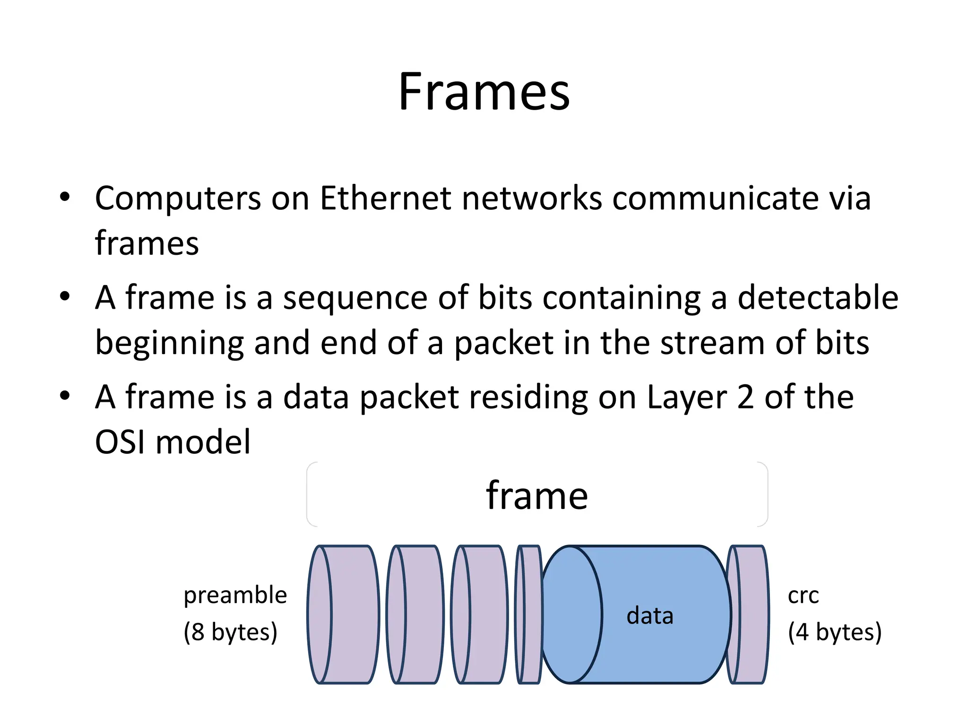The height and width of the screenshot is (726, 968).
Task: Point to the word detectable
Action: click(x=818, y=298)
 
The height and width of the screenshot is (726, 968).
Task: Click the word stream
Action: click(x=712, y=343)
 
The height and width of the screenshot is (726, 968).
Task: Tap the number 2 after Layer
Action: click(x=745, y=398)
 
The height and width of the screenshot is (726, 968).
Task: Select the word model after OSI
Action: click(x=203, y=442)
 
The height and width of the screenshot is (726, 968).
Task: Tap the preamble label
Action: click(x=235, y=596)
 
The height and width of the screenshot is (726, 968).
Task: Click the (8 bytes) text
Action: click(x=230, y=632)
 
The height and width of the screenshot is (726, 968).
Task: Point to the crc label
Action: click(x=803, y=596)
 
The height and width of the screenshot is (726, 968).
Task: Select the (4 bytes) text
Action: click(x=835, y=632)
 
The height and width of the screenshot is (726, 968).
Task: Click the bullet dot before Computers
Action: click(x=65, y=197)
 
